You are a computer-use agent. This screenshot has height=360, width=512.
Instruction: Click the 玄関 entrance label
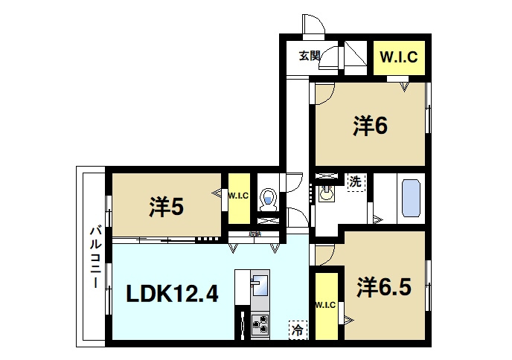click(310, 55)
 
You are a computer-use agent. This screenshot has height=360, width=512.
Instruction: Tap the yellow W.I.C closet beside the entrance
click(399, 57)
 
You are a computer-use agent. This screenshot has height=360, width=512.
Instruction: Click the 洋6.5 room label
click(383, 286)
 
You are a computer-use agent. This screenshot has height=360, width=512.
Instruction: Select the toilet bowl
click(269, 199)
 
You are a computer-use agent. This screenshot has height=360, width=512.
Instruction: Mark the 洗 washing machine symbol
click(356, 181)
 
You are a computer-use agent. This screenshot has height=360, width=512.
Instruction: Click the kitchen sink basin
click(260, 284)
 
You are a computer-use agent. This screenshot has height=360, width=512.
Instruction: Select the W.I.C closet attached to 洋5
click(238, 197)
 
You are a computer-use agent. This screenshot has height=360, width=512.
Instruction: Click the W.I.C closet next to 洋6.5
click(325, 305)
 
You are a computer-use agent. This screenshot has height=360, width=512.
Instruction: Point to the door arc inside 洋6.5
click(323, 255)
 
